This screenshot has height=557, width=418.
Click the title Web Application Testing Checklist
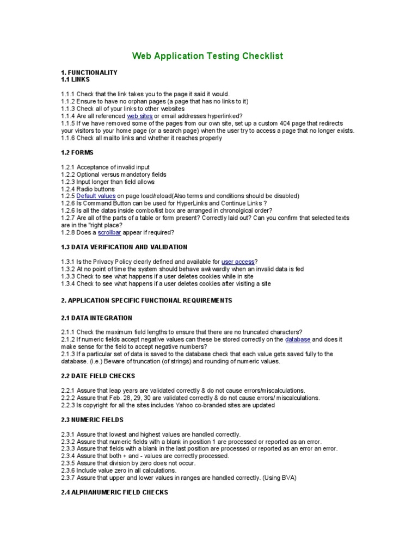208,56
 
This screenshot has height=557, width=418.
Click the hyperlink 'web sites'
139,116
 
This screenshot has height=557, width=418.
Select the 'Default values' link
96,196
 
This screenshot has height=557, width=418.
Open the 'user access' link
238,262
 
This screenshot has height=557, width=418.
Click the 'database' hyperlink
298,339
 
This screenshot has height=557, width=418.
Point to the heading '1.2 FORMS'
77,153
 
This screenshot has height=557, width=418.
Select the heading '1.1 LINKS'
75,79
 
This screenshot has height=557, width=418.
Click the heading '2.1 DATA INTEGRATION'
96,318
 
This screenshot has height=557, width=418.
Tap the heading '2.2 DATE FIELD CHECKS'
98,376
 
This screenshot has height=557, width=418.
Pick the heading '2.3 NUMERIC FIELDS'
93,420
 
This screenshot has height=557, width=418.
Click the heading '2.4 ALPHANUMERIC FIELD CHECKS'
114,492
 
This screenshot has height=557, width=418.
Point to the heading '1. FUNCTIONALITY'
89,72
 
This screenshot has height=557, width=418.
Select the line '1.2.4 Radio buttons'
88,189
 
